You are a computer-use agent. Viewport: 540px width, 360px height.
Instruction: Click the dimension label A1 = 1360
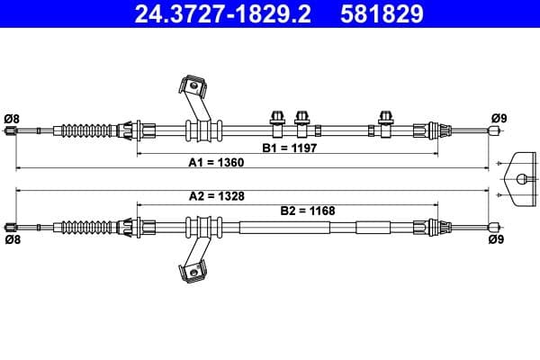[216, 163]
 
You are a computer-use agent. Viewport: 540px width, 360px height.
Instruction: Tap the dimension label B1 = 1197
[290, 147]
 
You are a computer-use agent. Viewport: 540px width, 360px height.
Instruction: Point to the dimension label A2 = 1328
[216, 195]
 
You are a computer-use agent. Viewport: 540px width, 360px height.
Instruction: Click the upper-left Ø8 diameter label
[12, 118]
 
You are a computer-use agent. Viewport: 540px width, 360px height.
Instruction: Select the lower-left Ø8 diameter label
[12, 240]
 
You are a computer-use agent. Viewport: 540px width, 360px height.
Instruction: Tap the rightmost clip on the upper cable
[387, 121]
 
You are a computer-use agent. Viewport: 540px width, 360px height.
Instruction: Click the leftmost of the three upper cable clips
[277, 121]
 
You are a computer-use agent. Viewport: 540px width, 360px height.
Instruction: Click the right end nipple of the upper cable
[492, 131]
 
